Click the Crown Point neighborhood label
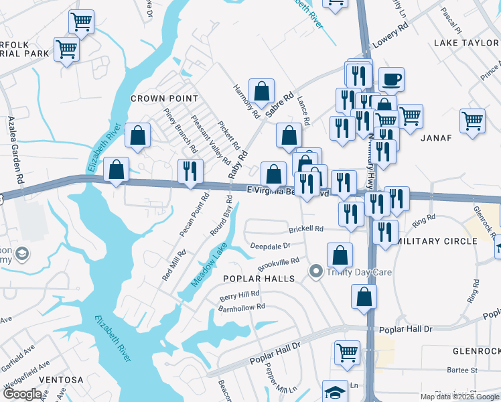[155, 98]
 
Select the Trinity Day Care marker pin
[315, 271]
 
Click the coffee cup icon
[391, 80]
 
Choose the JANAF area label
[437, 138]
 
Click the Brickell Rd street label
[306, 229]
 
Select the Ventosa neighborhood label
[61, 380]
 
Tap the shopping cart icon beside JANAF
[472, 123]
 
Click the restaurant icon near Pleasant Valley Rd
[190, 172]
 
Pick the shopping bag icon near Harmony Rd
[261, 91]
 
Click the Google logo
[22, 394]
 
